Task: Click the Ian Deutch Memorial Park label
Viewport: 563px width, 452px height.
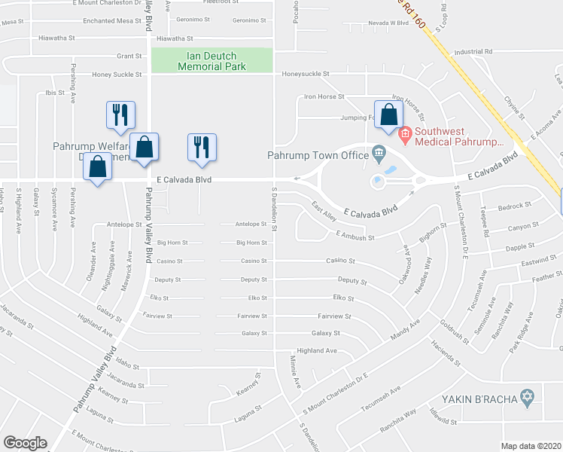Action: [212, 61]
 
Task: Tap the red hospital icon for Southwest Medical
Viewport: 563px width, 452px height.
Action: [405, 135]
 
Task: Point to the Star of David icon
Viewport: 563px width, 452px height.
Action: [528, 395]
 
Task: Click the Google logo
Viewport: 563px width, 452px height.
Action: [25, 443]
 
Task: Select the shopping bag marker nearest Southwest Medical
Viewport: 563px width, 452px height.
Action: [388, 115]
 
